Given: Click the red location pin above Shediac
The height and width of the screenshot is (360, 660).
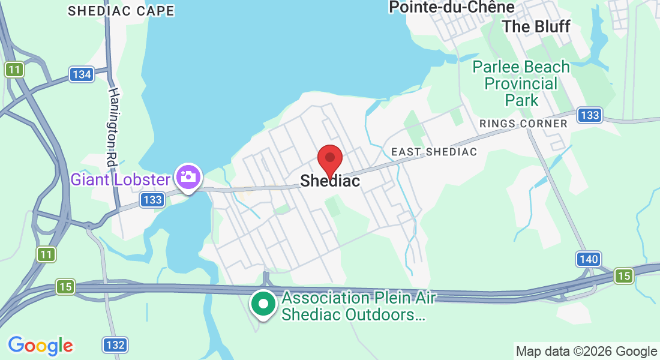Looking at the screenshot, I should coord(329,159).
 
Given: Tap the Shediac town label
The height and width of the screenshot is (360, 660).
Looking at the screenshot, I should coord(330,181).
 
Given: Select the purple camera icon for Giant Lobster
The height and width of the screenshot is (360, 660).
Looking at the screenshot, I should coord(188,177).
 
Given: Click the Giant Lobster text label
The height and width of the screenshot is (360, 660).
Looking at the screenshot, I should coord(121,179).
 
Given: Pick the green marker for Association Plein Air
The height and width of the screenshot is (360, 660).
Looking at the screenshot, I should coord(262,304).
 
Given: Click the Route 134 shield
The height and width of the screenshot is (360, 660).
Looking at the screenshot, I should coord(81,74).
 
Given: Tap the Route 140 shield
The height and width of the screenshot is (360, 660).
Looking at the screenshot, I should coord(589,259).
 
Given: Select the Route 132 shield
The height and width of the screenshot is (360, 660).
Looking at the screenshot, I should coord(114,345).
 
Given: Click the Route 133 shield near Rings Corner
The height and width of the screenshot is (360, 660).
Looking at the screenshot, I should coord(590,115).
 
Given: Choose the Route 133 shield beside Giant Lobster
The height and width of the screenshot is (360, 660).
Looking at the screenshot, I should coord(152,200).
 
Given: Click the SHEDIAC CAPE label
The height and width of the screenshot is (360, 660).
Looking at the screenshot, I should coord(121,11).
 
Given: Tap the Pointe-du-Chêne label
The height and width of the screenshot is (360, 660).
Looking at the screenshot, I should coord(452,7).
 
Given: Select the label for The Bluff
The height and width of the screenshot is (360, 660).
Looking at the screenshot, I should coord(536,26).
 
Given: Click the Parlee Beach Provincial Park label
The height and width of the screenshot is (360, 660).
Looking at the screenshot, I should coord(521,83).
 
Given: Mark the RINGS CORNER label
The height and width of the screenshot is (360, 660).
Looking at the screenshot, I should coord(523,124).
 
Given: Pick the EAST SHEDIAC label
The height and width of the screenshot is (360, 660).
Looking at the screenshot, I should coord(434,152).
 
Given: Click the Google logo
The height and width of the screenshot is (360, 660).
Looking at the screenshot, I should coord(41,346).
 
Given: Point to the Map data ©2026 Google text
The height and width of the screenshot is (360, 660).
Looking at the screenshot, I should coord(587,352).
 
